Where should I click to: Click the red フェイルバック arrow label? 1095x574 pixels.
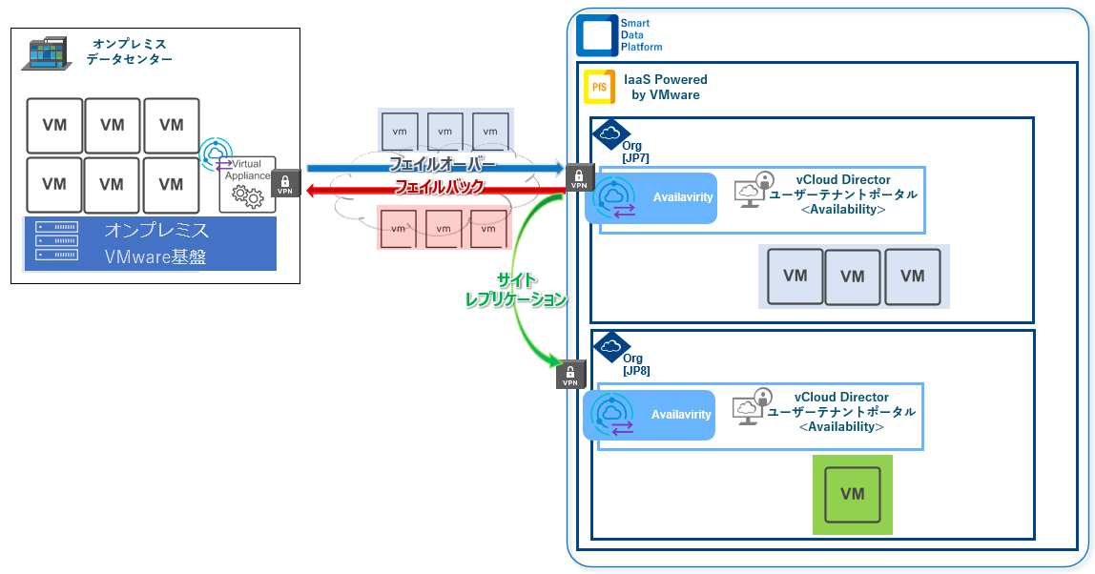coord(440,188)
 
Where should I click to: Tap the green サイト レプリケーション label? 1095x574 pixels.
coord(516,289)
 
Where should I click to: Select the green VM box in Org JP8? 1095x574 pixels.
coord(852,494)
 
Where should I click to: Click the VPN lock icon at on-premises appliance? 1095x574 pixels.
coord(286,183)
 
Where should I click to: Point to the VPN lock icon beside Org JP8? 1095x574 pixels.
coord(569,375)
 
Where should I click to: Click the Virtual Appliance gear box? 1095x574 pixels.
coord(248,184)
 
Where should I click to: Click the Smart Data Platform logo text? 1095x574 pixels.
coord(640,35)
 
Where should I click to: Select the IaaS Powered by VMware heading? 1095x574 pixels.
coord(664,87)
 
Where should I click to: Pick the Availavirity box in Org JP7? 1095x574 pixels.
coord(652,198)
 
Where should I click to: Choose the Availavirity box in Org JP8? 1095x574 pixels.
coord(651,415)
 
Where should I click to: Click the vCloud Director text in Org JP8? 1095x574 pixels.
coord(841,398)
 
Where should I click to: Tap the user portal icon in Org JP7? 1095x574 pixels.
coord(753,189)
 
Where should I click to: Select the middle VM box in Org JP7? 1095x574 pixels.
coord(853,277)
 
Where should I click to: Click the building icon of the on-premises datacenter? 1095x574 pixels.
coord(46,53)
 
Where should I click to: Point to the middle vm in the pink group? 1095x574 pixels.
coord(444,229)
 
